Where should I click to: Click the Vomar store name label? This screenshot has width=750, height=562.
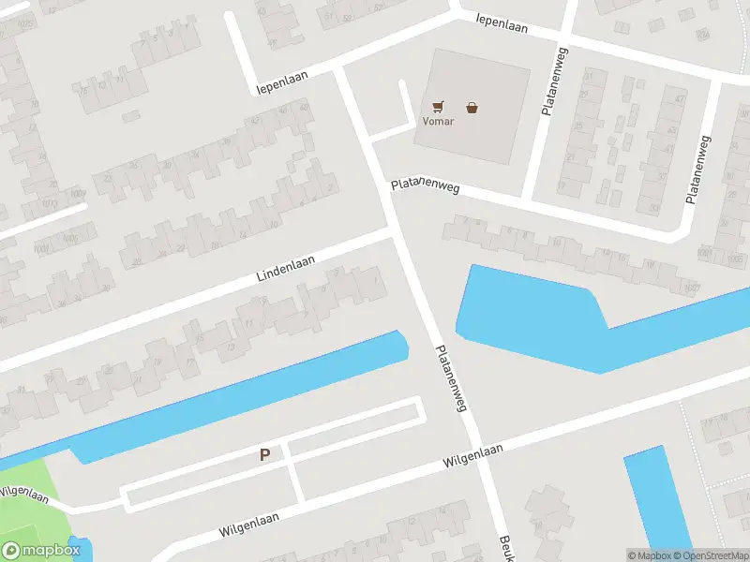[438, 122]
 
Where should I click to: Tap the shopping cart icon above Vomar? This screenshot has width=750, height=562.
[438, 107]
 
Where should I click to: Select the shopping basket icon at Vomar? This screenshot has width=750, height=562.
[472, 108]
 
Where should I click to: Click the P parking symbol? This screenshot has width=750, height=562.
[264, 455]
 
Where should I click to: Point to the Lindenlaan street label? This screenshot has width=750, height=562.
[285, 269]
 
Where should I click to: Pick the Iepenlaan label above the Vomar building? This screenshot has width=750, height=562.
[502, 22]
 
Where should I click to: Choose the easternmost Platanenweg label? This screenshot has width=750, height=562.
[698, 170]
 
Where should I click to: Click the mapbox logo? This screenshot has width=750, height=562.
[39, 551]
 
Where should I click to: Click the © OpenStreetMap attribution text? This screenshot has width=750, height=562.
[710, 555]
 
